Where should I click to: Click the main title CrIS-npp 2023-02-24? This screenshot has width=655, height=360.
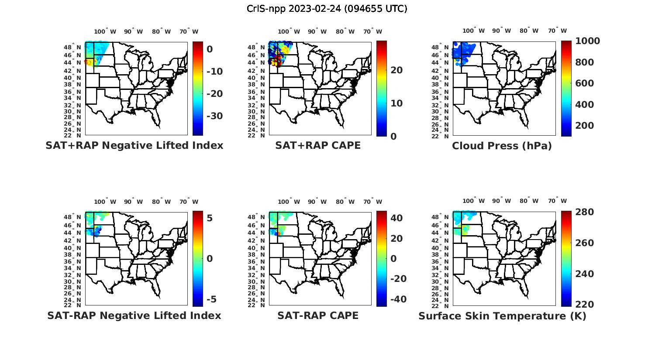327,9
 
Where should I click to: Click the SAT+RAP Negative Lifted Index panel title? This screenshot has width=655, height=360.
134,145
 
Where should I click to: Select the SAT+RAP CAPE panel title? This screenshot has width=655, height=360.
318,145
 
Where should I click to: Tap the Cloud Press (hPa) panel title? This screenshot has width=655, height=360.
502,146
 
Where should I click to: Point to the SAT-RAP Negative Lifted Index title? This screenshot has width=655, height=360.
134,315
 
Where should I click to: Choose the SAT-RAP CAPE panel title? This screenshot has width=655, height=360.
318,315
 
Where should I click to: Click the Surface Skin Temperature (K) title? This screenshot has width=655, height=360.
502,316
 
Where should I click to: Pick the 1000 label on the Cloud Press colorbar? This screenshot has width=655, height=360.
587,41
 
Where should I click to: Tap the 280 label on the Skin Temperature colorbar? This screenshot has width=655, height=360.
584,212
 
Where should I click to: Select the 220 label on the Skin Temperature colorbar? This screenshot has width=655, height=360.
584,304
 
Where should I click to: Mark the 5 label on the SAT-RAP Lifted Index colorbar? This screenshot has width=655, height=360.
210,218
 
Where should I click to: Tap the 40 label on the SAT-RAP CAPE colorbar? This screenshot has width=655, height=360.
396,218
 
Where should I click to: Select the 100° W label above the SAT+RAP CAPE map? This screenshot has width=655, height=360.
289,31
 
